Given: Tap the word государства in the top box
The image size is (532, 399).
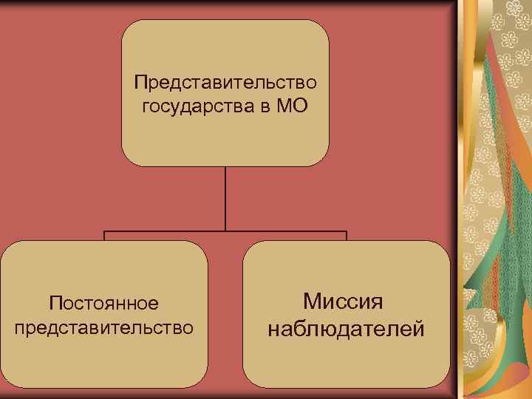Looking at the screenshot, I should coord(196,106).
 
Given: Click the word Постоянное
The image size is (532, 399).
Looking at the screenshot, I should coord(103,303).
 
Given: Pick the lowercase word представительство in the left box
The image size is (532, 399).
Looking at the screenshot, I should coord(103,327).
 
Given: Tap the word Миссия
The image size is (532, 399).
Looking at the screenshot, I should coord(346,301).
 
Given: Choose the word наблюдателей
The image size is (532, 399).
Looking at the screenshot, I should coord(346,327).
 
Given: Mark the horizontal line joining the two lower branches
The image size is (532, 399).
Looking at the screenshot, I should coord(163,232).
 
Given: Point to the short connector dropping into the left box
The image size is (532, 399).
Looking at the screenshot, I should coord(104,236).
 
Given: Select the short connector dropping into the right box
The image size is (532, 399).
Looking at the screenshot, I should coord(346,236).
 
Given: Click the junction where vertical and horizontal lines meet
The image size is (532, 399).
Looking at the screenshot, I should coord(225,232).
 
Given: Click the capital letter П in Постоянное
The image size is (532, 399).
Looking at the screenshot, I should coord(53,303).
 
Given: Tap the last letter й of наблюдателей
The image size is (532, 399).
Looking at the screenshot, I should coord(418,327).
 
